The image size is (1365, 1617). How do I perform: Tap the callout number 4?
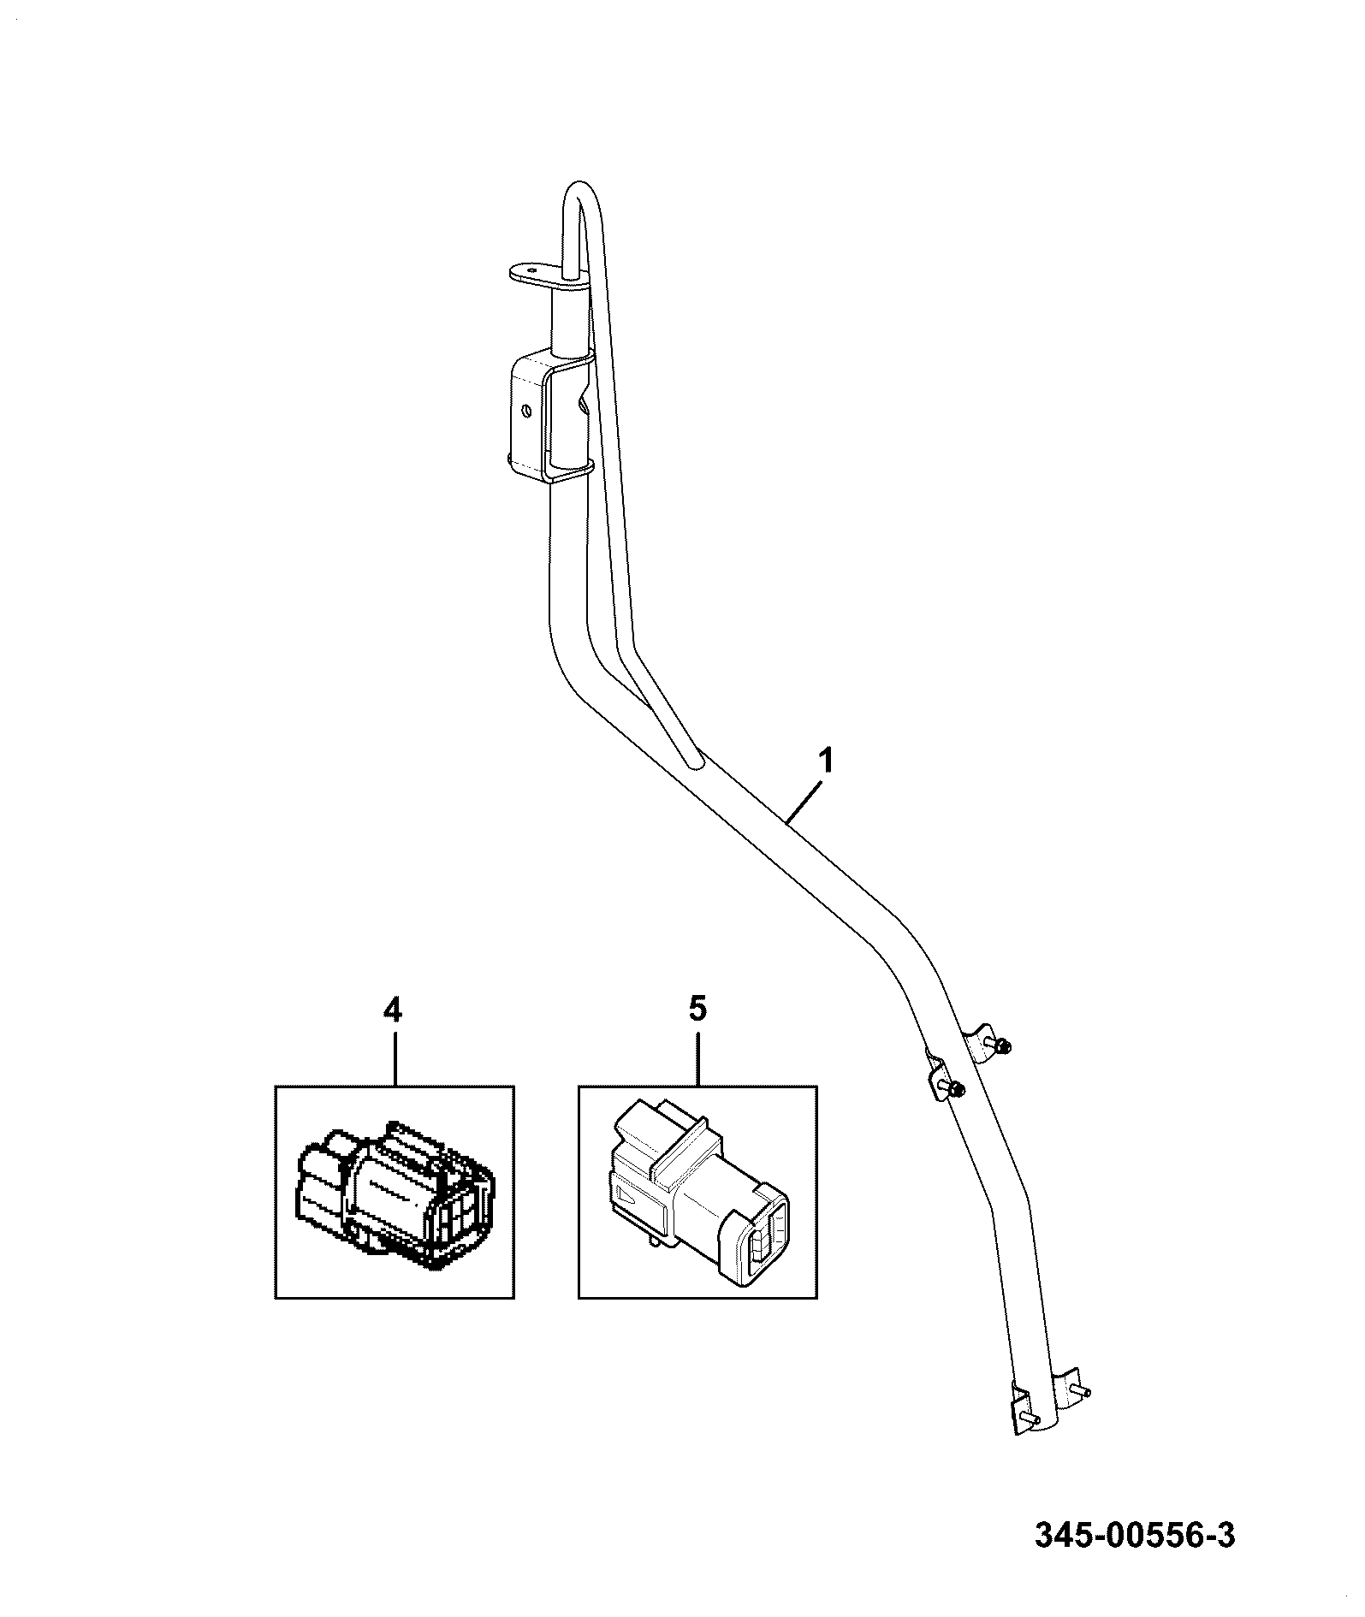tap(392, 1010)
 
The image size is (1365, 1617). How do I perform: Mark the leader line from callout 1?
tap(805, 798)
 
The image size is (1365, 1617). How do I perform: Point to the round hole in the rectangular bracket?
tap(527, 412)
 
